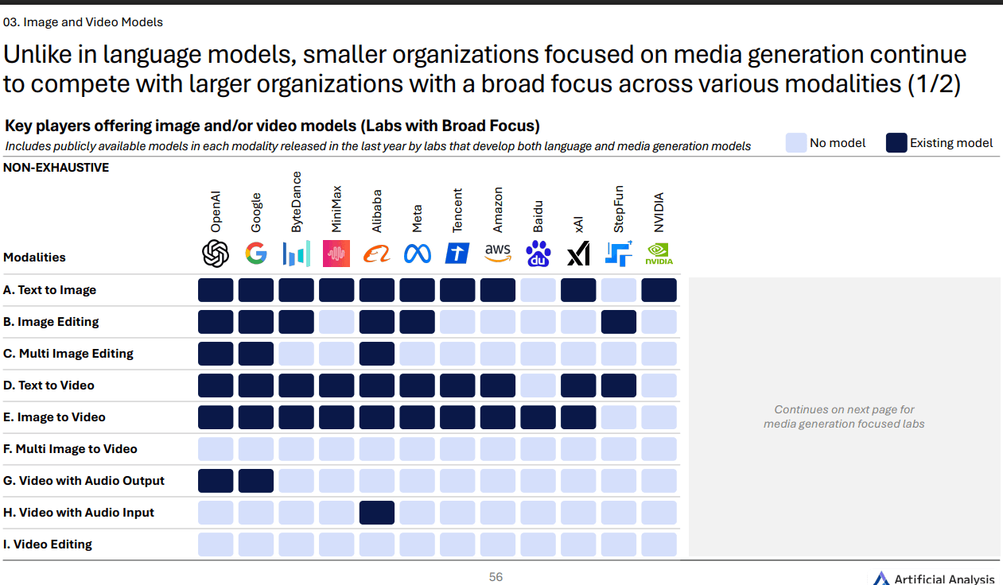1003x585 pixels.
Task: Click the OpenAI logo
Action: click(x=216, y=254)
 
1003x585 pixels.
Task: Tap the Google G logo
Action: click(x=256, y=254)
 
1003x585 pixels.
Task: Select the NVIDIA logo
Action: click(x=659, y=254)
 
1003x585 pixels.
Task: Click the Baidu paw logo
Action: click(x=538, y=254)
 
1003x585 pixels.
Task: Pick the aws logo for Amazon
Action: click(x=498, y=253)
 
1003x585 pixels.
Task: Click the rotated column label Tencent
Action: click(x=457, y=211)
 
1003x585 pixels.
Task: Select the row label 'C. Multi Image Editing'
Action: click(x=68, y=354)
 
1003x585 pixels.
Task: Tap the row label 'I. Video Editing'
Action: click(x=48, y=544)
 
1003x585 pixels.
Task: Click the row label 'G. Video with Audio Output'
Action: click(x=84, y=481)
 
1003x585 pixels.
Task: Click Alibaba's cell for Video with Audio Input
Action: click(x=377, y=513)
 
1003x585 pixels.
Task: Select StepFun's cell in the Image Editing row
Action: click(x=619, y=322)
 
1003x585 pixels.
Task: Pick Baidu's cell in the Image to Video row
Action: click(x=538, y=417)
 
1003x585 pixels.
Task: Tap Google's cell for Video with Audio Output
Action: click(x=256, y=481)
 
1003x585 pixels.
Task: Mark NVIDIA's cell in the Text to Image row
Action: click(x=659, y=290)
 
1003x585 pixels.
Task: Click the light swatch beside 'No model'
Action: click(x=795, y=143)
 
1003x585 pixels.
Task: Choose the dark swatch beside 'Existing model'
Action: click(x=896, y=143)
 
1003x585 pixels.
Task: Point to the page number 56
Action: click(x=496, y=577)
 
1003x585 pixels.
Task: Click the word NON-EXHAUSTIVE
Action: click(x=56, y=168)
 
